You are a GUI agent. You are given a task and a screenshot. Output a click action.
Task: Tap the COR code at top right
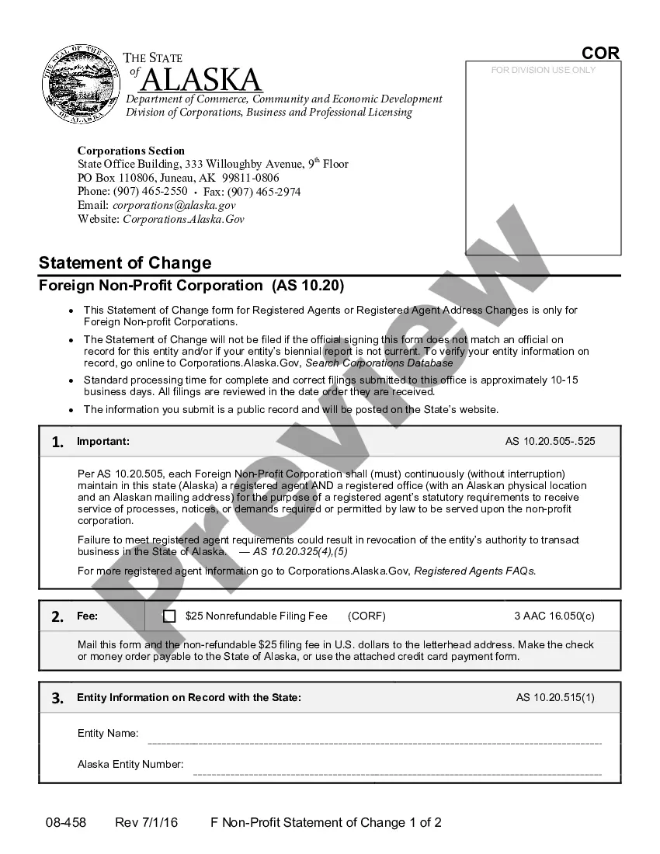click(601, 53)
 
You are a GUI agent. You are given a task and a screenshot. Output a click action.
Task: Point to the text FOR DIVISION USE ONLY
click(544, 70)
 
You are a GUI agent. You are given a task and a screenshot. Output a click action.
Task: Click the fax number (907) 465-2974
click(264, 192)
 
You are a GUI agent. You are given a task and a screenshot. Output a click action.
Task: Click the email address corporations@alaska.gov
click(174, 206)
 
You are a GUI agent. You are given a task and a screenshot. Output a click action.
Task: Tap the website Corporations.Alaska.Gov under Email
click(184, 220)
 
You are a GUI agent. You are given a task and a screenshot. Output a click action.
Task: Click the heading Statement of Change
click(125, 262)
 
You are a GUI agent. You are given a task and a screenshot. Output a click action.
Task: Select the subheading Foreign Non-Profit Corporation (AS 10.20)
click(191, 286)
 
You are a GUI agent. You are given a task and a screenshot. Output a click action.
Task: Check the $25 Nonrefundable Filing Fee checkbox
click(169, 616)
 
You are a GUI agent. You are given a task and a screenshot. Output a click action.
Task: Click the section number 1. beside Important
click(57, 443)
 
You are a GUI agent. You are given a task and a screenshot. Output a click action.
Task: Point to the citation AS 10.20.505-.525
click(550, 442)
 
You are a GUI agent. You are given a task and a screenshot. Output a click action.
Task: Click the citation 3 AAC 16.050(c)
click(554, 616)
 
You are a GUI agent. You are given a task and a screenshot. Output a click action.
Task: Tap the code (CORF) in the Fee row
click(366, 616)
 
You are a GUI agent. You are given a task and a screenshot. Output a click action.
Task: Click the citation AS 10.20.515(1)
click(555, 698)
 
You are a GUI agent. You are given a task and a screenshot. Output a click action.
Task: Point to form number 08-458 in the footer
click(66, 823)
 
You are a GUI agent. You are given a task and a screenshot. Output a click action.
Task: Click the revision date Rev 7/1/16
click(146, 823)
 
